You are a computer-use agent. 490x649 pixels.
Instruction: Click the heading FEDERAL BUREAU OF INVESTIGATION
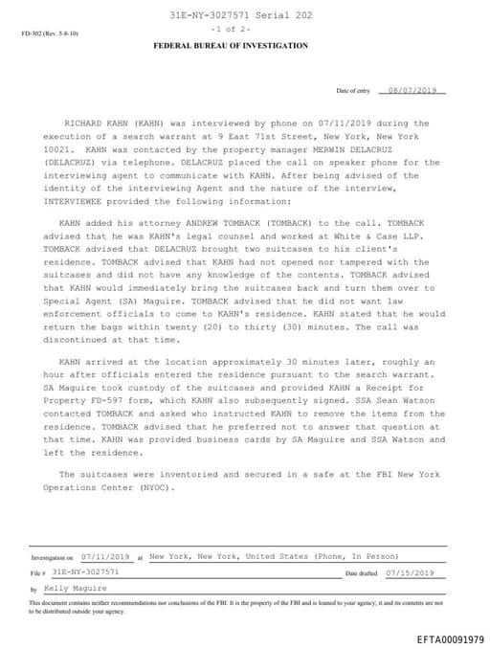click(x=231, y=45)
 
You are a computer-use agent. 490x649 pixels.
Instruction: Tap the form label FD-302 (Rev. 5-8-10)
click(x=50, y=34)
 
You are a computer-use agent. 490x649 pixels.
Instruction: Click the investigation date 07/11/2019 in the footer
click(x=105, y=555)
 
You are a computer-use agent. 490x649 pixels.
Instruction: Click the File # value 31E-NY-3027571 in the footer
click(x=86, y=571)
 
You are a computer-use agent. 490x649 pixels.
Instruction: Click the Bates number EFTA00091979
click(x=450, y=638)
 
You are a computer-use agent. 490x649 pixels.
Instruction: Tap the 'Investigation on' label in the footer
click(x=52, y=556)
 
